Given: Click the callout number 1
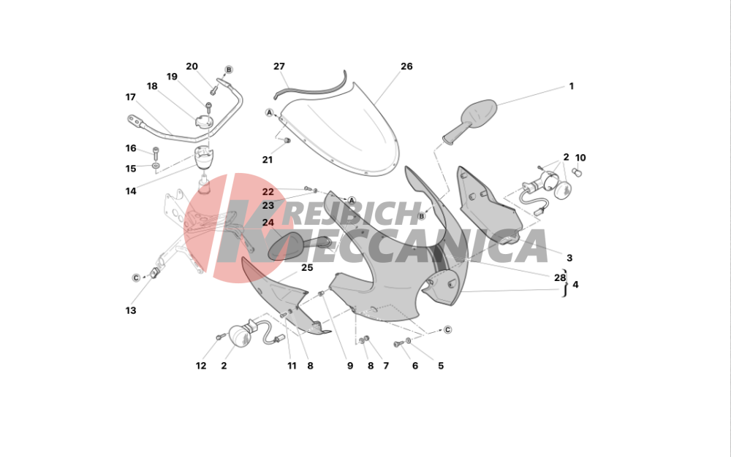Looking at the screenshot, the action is (x=571, y=86).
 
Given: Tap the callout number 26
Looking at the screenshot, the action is (x=406, y=66).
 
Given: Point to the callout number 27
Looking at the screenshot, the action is (x=279, y=66).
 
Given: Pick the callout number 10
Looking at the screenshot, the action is (x=580, y=158).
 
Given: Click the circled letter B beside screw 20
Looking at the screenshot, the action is (x=228, y=70).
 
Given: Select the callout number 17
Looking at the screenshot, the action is (x=131, y=97).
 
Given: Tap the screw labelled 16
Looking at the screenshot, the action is (x=155, y=152).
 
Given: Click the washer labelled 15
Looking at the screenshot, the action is (x=155, y=166).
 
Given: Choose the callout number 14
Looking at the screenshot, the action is (x=131, y=191).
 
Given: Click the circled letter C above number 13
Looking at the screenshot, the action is (x=136, y=278).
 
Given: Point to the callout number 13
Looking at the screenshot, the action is (x=131, y=310).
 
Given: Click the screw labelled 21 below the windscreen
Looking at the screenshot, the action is (x=287, y=140).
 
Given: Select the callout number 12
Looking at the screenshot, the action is (x=201, y=366).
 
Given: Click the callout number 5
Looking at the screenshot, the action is (x=441, y=366).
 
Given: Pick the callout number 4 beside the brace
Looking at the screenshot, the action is (x=575, y=284).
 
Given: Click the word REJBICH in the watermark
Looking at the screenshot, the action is (x=352, y=214).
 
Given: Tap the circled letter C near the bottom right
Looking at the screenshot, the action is (x=447, y=330).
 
